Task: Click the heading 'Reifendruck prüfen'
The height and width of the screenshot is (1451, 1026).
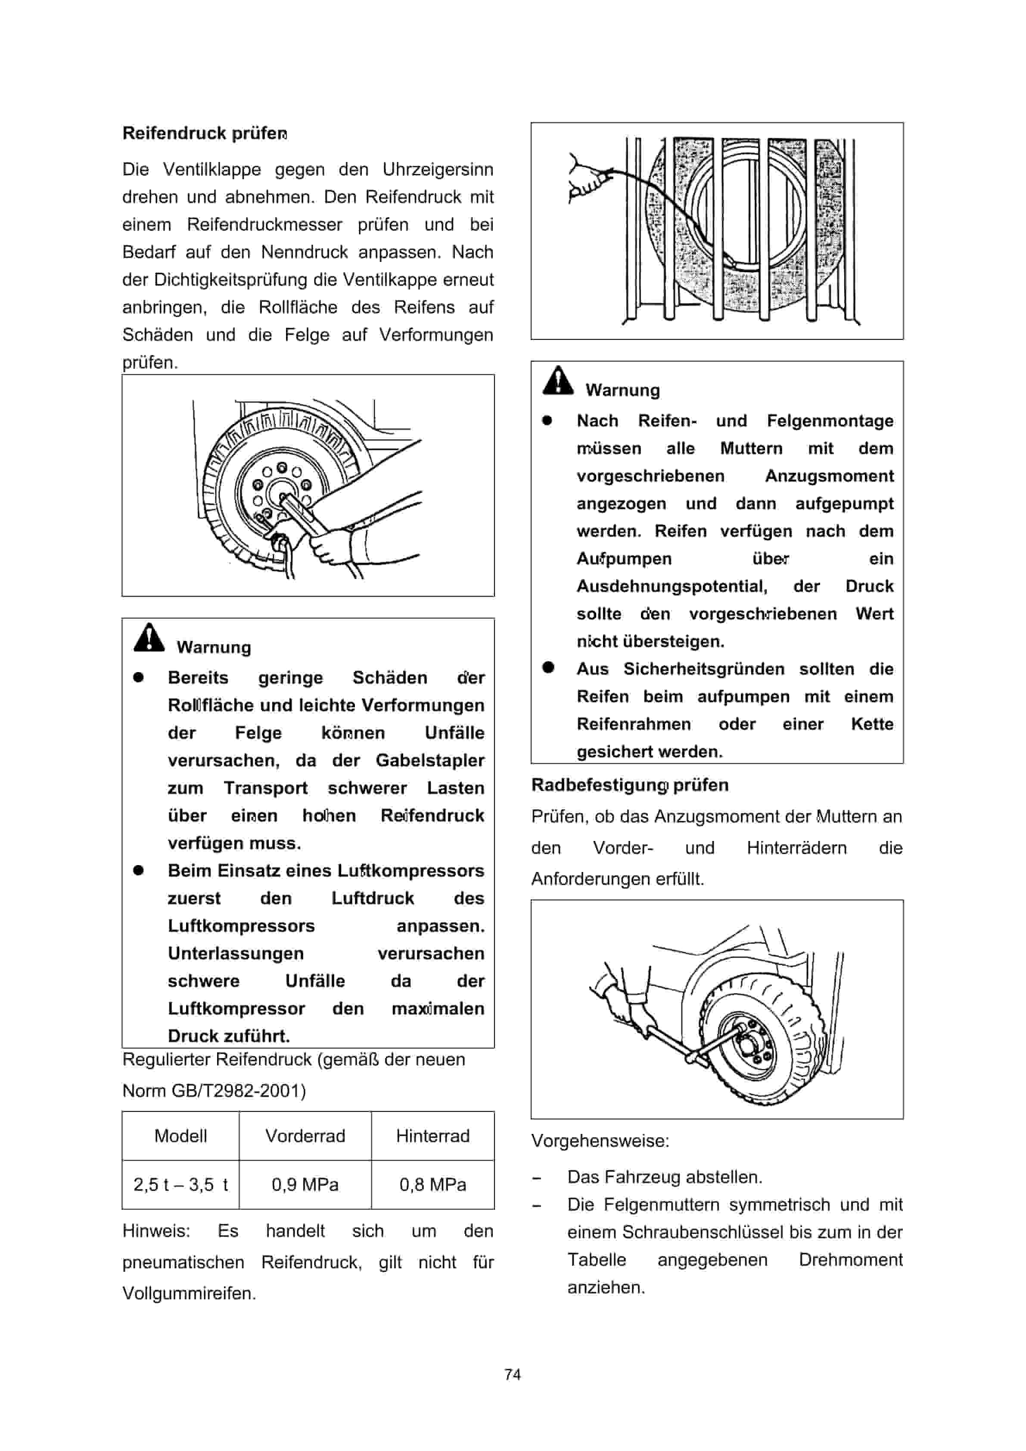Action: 205,134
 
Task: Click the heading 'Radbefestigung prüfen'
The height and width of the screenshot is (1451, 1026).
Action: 629,785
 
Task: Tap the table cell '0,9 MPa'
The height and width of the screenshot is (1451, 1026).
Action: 305,1184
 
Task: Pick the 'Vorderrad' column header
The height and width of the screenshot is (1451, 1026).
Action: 305,1136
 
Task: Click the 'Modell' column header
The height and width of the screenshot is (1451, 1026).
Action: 180,1136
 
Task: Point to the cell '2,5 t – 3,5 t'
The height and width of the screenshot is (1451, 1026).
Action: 180,1184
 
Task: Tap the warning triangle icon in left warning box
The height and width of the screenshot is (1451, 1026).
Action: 149,638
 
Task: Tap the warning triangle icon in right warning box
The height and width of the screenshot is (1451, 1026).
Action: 558,380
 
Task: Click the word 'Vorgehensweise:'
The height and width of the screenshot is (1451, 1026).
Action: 600,1141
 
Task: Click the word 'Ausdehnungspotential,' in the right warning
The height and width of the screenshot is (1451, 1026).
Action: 672,586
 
